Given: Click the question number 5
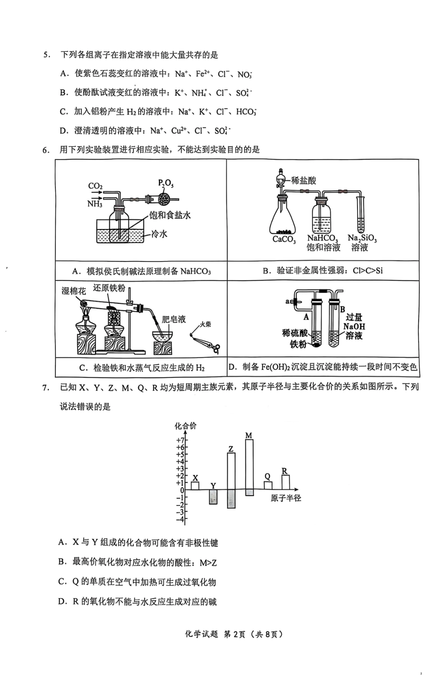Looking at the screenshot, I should pyautogui.click(x=46, y=55).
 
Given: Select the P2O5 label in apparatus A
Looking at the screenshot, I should pyautogui.click(x=166, y=183).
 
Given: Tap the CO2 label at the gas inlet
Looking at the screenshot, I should pyautogui.click(x=96, y=186).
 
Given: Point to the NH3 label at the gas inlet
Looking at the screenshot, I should pyautogui.click(x=95, y=204).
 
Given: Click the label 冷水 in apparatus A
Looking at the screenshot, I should pyautogui.click(x=159, y=234).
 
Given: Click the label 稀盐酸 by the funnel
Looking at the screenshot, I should pyautogui.click(x=303, y=180).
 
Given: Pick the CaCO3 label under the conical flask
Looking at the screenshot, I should pyautogui.click(x=284, y=240).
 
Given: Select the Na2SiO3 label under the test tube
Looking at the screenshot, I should pyautogui.click(x=362, y=239).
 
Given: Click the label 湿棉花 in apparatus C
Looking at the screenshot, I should pyautogui.click(x=74, y=291).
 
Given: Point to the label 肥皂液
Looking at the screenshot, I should pyautogui.click(x=174, y=319).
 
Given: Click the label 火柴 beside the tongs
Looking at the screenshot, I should pyautogui.click(x=205, y=324).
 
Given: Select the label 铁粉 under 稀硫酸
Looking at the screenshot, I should pyautogui.click(x=298, y=344).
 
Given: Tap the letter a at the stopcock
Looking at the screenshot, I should pyautogui.click(x=287, y=302).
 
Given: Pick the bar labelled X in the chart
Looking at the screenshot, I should pyautogui.click(x=195, y=486).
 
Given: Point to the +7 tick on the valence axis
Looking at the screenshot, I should pyautogui.click(x=179, y=440).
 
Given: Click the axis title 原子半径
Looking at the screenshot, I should pyautogui.click(x=286, y=498).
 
